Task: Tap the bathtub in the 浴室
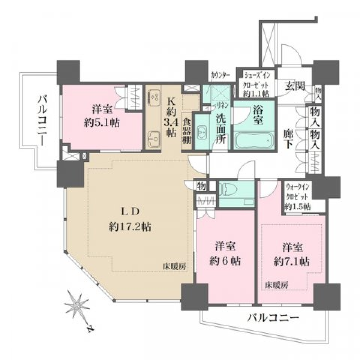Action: (253, 142)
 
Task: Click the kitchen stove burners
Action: (154, 96)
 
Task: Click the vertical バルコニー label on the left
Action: (41, 120)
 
